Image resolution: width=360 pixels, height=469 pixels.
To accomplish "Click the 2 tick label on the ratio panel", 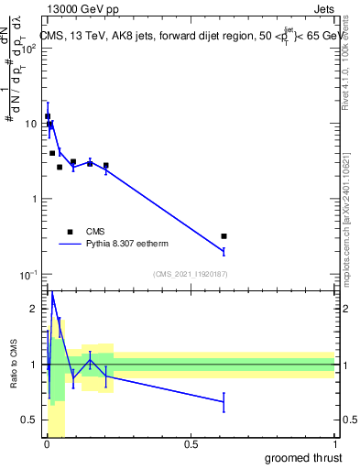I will click(x=33, y=310).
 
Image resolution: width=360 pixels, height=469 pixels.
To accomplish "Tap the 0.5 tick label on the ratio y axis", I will click(x=29, y=420).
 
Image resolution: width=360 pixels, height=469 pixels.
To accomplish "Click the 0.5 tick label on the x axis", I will click(x=191, y=444).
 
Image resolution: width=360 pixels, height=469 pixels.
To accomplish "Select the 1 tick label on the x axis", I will click(x=334, y=444).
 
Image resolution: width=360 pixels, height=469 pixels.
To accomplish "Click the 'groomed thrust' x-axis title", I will click(x=302, y=458).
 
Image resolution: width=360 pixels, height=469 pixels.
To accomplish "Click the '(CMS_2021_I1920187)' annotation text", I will click(x=190, y=274).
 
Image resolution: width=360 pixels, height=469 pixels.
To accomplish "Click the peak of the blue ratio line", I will click(x=52, y=293).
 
